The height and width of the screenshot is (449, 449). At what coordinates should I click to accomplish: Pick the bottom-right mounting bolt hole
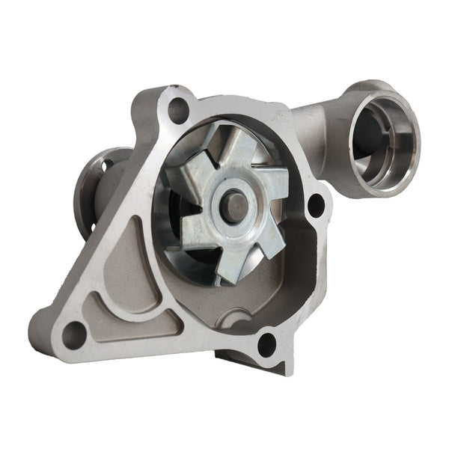pos(266,345)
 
